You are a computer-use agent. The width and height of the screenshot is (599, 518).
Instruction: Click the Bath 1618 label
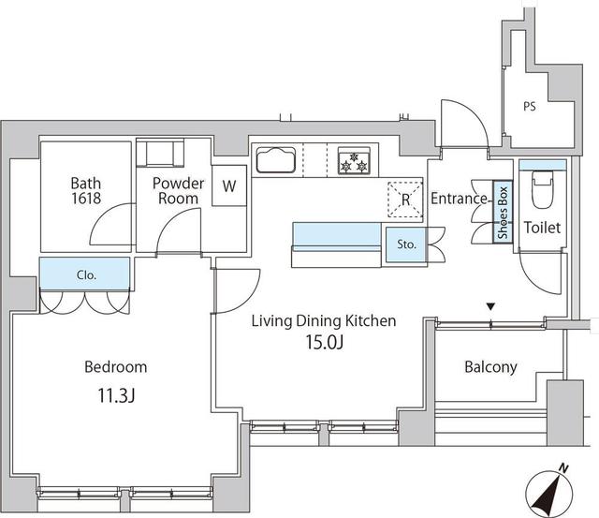pos(86,191)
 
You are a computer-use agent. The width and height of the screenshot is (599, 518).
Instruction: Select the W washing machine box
pos(228,185)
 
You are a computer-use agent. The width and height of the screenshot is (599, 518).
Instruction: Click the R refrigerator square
pos(405,199)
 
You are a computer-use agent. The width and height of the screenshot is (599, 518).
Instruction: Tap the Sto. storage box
pos(406,244)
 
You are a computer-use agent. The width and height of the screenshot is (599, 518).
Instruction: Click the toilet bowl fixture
pos(542,191)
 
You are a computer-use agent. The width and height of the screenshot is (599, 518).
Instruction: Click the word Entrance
pos(459,199)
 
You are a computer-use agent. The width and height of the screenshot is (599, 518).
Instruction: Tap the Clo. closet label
pos(86,275)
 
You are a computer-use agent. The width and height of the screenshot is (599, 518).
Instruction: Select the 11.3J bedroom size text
pos(116,395)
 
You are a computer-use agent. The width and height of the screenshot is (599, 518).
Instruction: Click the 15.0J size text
pos(323,342)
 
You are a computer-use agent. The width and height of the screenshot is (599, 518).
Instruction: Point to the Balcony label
pos(490,367)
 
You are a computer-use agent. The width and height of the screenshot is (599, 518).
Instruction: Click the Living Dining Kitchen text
pos(323,320)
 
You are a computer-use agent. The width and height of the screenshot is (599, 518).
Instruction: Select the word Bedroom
pos(116,367)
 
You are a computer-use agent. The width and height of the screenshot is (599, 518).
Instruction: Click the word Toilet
pos(542,227)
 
